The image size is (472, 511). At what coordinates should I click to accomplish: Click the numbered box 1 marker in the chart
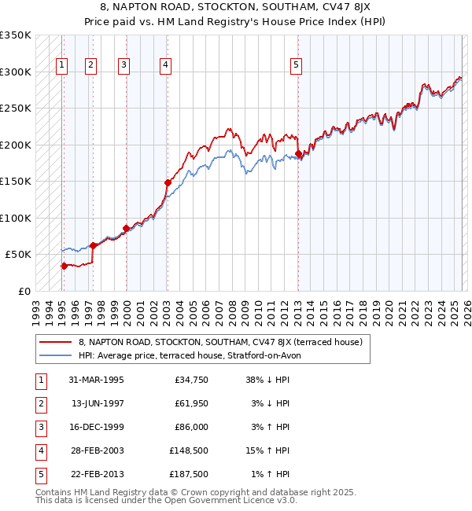[62, 66]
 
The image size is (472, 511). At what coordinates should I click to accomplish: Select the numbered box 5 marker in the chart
[296, 66]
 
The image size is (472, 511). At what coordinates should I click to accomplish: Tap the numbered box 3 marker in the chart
[124, 66]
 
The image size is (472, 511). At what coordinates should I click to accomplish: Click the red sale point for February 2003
[168, 182]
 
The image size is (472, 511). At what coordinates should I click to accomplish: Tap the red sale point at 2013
[298, 154]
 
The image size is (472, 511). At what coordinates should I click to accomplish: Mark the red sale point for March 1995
[65, 266]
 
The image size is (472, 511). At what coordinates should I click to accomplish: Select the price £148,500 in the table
[189, 451]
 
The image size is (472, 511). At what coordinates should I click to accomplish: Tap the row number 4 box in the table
[39, 451]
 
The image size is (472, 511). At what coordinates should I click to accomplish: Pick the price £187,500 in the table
[189, 475]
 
